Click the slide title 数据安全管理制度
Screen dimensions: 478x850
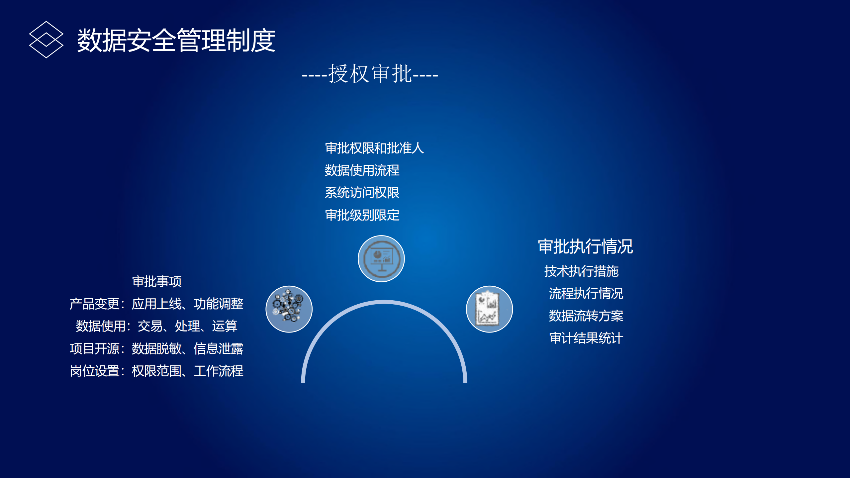coord(176,41)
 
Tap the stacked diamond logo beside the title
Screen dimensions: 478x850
coord(46,40)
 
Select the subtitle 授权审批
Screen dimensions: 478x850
coord(370,74)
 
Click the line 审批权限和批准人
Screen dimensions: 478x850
coord(374,148)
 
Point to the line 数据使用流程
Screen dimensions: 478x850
coord(362,170)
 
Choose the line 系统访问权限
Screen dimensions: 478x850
coord(362,193)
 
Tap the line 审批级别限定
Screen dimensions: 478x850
coord(362,215)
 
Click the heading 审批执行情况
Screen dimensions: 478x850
coord(585,246)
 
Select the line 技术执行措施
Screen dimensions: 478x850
coord(581,271)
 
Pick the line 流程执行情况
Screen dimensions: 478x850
coord(586,294)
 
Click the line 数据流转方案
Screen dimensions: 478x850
coord(586,316)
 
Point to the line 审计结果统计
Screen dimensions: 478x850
coord(586,338)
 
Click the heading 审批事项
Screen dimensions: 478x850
coord(157,282)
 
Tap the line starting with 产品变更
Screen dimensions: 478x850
coord(156,304)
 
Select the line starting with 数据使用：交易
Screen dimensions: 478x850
coord(156,326)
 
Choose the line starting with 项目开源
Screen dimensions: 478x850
coord(156,349)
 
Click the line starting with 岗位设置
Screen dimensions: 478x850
coord(156,371)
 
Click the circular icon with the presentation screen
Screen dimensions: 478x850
coord(381,259)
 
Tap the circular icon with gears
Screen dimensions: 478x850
coord(289,309)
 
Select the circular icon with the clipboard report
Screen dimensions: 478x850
coord(489,309)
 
